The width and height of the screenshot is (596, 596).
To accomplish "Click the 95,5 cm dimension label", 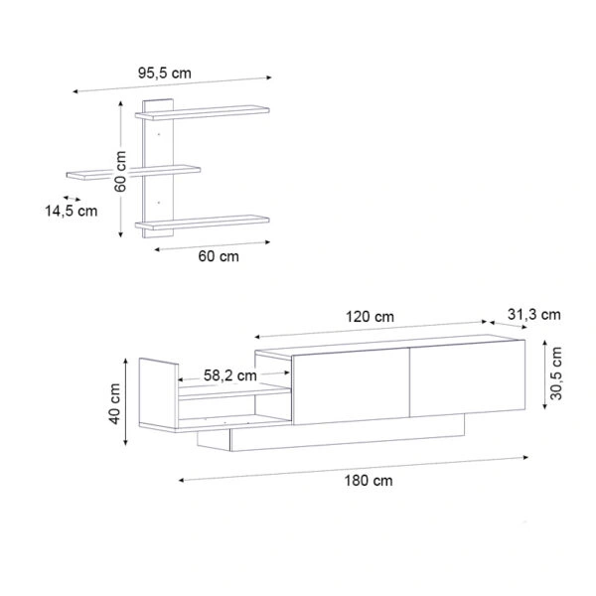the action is pos(164,73).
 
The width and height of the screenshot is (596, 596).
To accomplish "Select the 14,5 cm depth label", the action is pos(72,211).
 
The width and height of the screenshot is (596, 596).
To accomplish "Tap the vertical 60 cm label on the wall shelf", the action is pos(120,172).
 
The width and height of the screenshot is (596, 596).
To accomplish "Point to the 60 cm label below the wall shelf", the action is pos(219,256).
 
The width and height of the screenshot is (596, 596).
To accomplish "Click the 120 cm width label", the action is pos(370,317).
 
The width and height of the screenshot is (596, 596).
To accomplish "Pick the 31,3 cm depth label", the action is pos(534,315).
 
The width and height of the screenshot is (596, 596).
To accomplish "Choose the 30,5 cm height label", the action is pos(556,372).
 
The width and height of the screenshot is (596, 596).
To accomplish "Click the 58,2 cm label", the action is pos(230,375).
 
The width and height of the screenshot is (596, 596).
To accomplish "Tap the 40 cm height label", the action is pos(114,403).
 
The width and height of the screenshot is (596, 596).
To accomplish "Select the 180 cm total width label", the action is pos(369,481).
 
